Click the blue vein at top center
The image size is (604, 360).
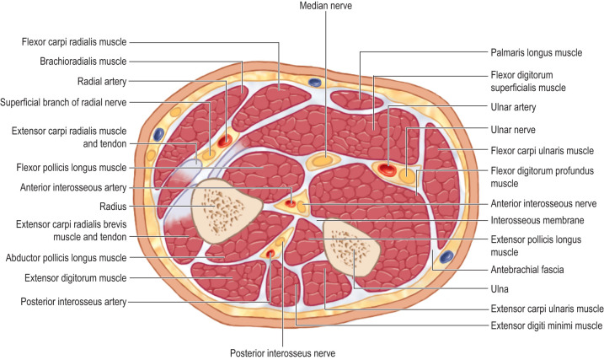click(316, 83)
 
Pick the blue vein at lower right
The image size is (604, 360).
click(447, 255)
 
